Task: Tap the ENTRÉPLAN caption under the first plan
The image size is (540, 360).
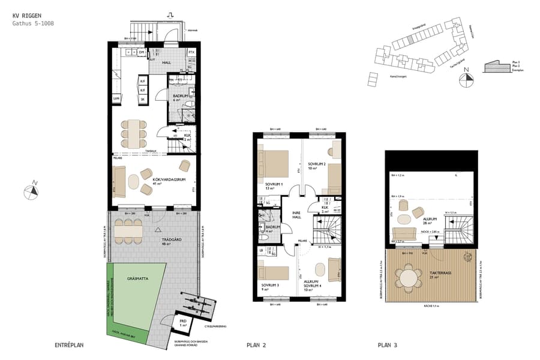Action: (68, 345)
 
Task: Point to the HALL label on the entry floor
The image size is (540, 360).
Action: (160, 62)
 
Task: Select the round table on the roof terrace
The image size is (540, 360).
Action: (409, 278)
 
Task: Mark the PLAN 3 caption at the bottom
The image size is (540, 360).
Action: (388, 345)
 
